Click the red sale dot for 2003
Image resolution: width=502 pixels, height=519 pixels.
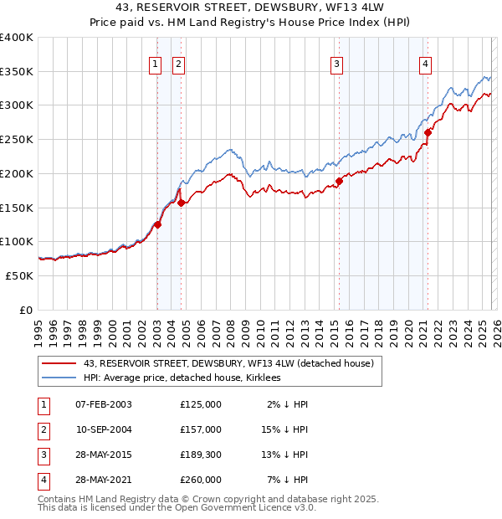tap(157, 224)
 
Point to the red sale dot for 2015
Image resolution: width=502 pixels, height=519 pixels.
tap(340, 181)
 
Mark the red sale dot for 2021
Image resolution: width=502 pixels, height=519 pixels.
tap(428, 132)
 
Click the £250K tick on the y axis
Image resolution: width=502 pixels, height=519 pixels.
tap(17, 140)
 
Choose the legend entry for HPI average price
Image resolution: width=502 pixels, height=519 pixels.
tap(182, 378)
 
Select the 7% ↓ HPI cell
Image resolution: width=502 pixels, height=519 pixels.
tap(288, 480)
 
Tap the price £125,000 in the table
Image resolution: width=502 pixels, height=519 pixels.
tap(201, 404)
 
